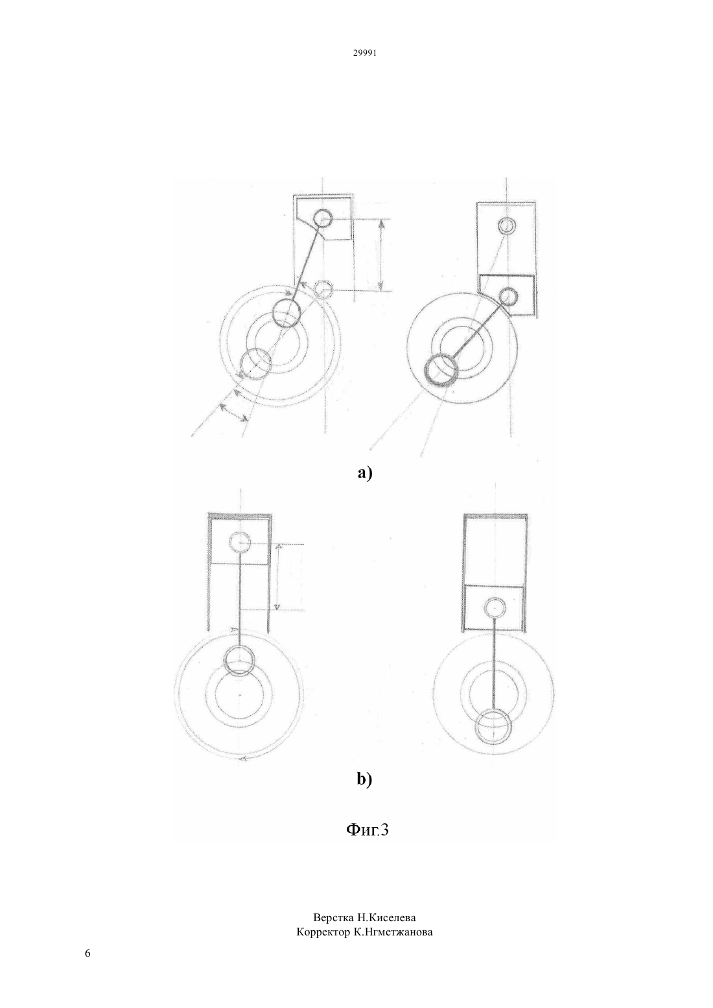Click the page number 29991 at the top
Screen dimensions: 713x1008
pyautogui.click(x=364, y=53)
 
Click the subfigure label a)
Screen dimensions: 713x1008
pyautogui.click(x=365, y=473)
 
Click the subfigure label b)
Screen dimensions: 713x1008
pyautogui.click(x=364, y=779)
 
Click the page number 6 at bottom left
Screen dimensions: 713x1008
pyautogui.click(x=88, y=953)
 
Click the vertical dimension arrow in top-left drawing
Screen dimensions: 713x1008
pyautogui.click(x=381, y=255)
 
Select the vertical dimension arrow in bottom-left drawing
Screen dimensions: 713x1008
pyautogui.click(x=277, y=577)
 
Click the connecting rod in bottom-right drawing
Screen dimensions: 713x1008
pyautogui.click(x=495, y=665)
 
